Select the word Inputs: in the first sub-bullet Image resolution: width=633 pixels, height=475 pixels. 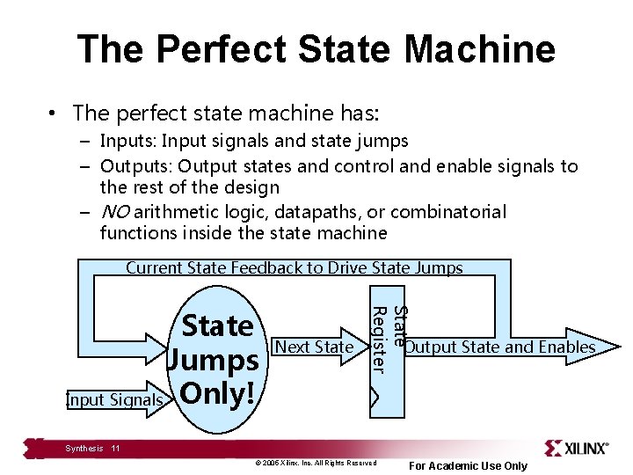coord(129,141)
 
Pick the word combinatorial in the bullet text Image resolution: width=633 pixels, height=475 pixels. coord(448,212)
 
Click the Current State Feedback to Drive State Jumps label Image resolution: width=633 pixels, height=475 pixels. coord(295,268)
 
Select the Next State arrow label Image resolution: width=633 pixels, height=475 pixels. coord(314,347)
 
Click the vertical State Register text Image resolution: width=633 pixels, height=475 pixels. coord(388,339)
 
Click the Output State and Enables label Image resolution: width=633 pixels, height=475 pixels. coord(499,347)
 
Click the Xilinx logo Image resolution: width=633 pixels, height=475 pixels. coord(576,448)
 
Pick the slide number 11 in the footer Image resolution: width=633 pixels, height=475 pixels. coord(115,449)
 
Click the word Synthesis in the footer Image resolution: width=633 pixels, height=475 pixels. coord(84,449)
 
